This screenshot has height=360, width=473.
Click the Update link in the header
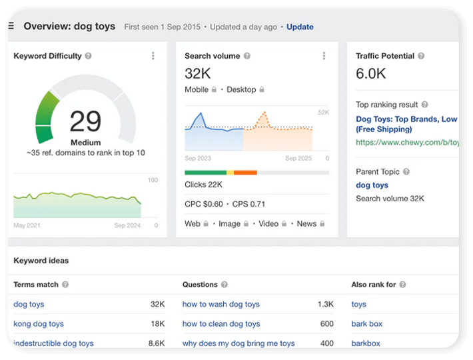(300, 27)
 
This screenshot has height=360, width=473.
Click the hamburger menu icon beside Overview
(11, 27)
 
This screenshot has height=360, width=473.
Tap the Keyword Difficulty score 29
(85, 121)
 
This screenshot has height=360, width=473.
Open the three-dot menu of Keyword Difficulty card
(153, 56)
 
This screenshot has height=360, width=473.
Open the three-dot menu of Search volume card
(324, 56)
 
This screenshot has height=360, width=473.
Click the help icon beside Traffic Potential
(421, 56)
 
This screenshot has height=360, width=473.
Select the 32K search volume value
(198, 73)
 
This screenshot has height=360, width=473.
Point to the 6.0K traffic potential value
(371, 73)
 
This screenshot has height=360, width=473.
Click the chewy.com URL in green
(407, 142)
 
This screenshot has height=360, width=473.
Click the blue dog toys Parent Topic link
(372, 185)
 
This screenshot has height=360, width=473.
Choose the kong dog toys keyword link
(39, 324)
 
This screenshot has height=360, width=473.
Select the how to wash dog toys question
(221, 304)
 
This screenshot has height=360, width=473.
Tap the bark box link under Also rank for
(367, 324)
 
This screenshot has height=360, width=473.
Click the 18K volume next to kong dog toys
(157, 324)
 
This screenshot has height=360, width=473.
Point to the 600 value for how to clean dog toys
(326, 324)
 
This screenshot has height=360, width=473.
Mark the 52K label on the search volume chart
(323, 113)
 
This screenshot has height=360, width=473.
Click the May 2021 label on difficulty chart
(27, 225)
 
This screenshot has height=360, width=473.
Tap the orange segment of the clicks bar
(245, 173)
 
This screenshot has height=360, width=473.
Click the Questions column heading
(200, 285)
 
